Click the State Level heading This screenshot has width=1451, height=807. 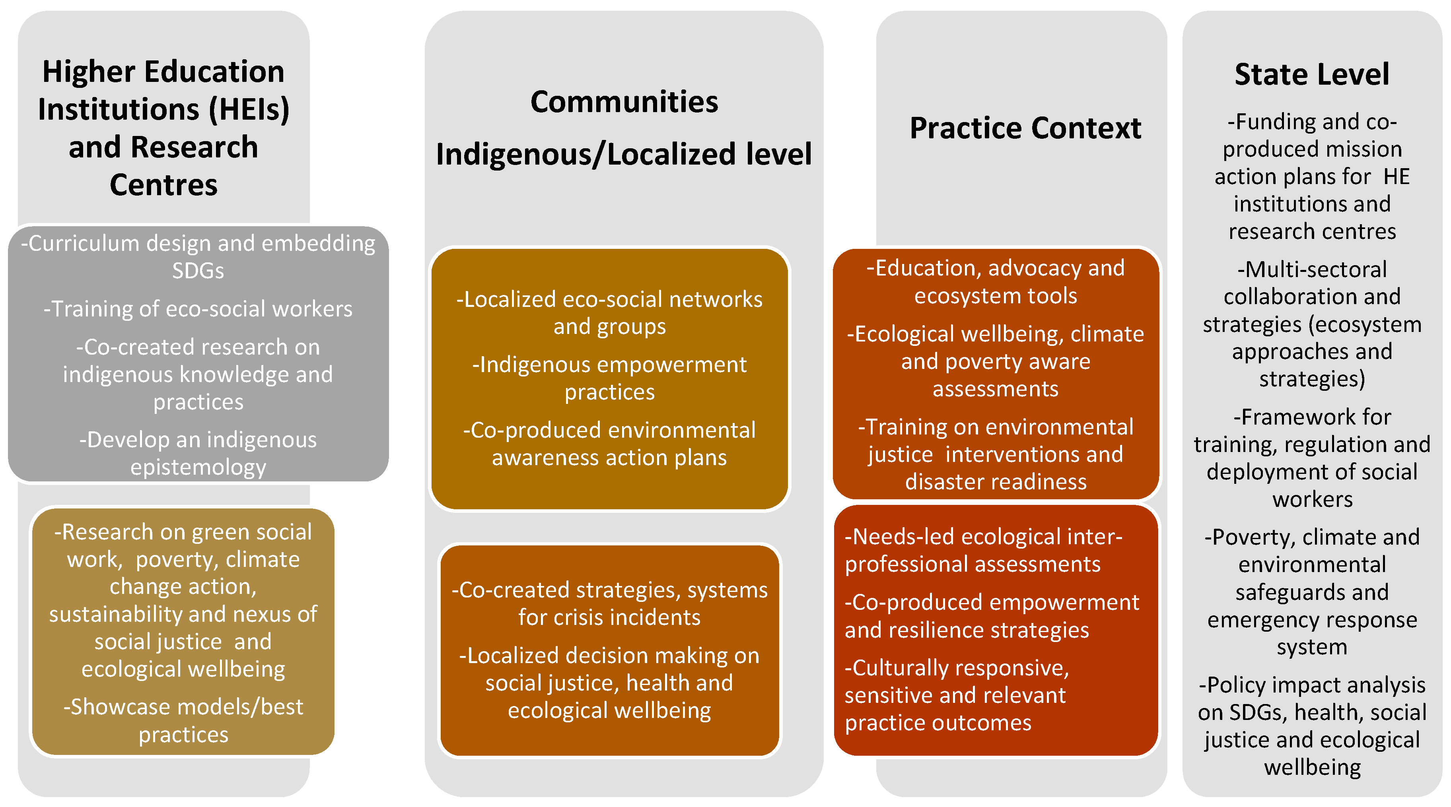click(x=1311, y=74)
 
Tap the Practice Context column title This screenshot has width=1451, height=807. click(x=1025, y=128)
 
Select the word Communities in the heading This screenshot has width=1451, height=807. click(x=624, y=102)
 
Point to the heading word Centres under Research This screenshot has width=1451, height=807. click(x=163, y=185)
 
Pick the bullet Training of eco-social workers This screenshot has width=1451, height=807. click(x=198, y=308)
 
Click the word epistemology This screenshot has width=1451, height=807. click(x=198, y=468)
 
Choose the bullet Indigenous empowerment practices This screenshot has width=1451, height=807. click(x=609, y=378)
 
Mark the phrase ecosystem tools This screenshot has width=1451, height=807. click(x=995, y=296)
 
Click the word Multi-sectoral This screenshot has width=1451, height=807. click(x=1312, y=269)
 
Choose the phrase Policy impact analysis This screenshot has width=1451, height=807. click(x=1312, y=685)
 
